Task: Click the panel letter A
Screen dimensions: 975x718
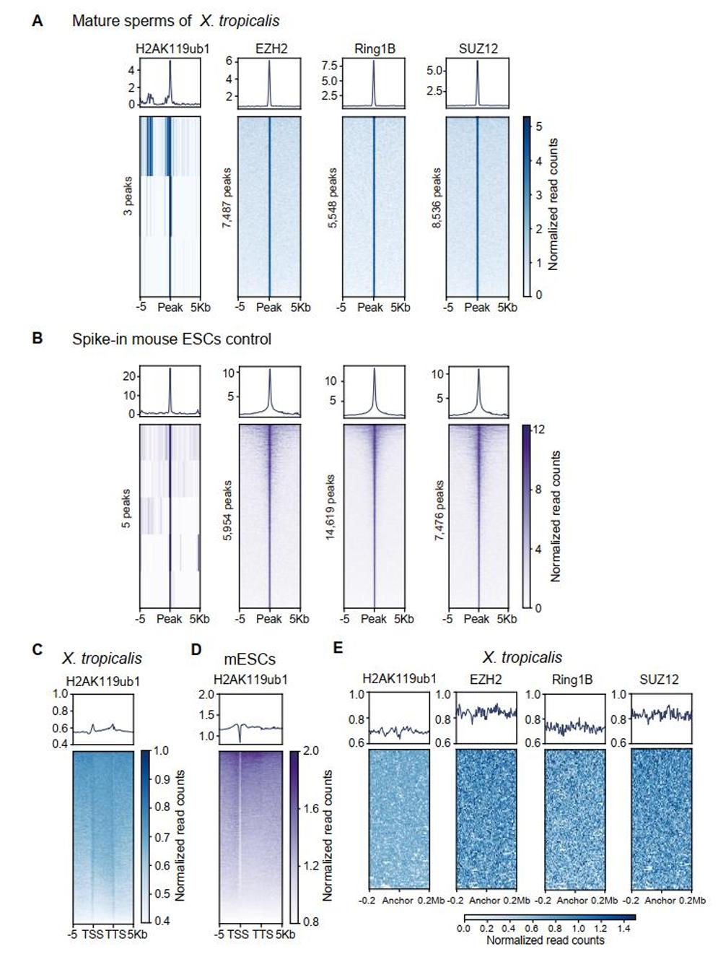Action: click(x=38, y=21)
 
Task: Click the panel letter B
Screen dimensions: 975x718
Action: click(x=38, y=337)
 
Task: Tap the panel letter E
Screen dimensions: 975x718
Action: click(x=338, y=647)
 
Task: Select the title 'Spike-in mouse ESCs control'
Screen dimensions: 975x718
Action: click(x=171, y=339)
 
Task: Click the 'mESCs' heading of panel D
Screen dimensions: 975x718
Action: click(x=249, y=659)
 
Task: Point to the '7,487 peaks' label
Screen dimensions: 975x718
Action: click(x=227, y=199)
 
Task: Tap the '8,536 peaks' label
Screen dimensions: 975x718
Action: click(x=437, y=199)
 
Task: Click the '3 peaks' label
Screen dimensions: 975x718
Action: click(x=128, y=206)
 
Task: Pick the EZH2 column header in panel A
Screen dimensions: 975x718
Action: click(x=271, y=49)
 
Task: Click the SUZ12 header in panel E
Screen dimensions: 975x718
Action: click(x=659, y=679)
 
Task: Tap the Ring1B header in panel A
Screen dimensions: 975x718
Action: click(x=375, y=49)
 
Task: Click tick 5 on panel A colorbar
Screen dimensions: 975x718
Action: click(x=538, y=127)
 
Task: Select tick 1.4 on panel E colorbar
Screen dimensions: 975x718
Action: click(x=623, y=928)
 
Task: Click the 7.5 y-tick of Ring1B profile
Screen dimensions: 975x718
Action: click(x=330, y=66)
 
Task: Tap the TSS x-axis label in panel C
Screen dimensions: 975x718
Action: click(x=93, y=934)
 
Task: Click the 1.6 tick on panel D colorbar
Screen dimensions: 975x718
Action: click(x=311, y=809)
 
